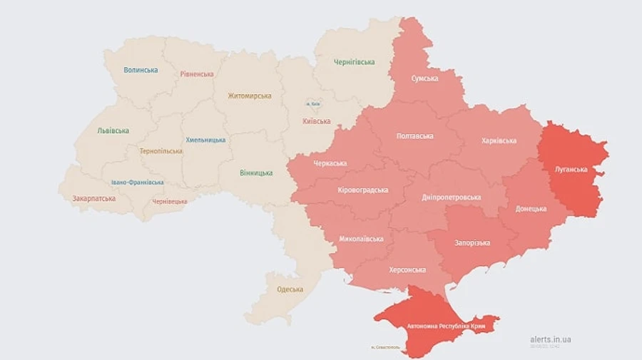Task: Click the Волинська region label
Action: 141,70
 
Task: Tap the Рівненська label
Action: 197,73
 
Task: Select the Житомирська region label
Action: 250,96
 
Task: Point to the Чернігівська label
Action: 354,62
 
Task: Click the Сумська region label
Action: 424,78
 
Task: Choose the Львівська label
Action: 113,130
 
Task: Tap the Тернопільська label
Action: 161,151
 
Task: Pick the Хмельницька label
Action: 205,140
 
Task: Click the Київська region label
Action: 317,122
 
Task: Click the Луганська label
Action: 571,169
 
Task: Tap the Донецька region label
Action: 531,209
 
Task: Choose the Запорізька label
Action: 472,242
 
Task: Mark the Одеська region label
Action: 290,289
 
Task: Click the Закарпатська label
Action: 93,198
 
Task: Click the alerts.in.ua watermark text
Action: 551,339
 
